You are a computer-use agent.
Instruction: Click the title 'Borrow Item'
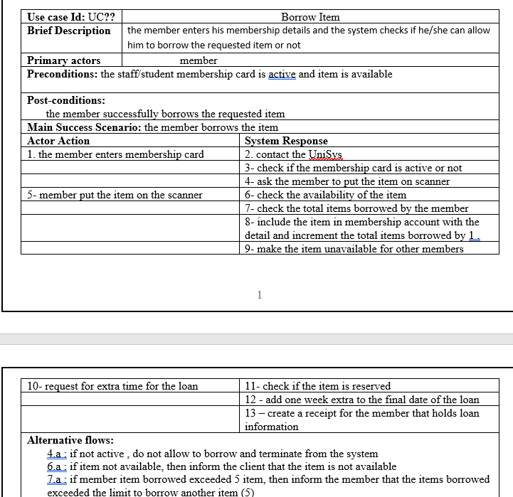coord(310,16)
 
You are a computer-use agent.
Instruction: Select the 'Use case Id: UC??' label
coord(71,16)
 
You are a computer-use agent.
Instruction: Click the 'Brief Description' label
coord(69,31)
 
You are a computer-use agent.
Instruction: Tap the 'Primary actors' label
coord(63,60)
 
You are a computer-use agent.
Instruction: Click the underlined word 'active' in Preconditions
coord(282,74)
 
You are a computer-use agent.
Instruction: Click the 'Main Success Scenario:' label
coord(84,127)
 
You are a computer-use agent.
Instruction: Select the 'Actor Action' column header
coord(58,141)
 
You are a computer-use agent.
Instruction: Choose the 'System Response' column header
coord(286,141)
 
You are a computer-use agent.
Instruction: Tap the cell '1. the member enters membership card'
coord(115,154)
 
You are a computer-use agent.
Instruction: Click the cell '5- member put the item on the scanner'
coord(115,195)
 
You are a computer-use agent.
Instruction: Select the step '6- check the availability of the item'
coord(325,195)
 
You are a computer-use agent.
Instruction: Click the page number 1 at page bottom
coord(260,295)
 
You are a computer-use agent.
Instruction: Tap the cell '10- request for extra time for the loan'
coord(112,386)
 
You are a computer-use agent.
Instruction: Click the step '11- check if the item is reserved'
coord(317,386)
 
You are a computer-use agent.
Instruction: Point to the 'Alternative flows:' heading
coord(70,440)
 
